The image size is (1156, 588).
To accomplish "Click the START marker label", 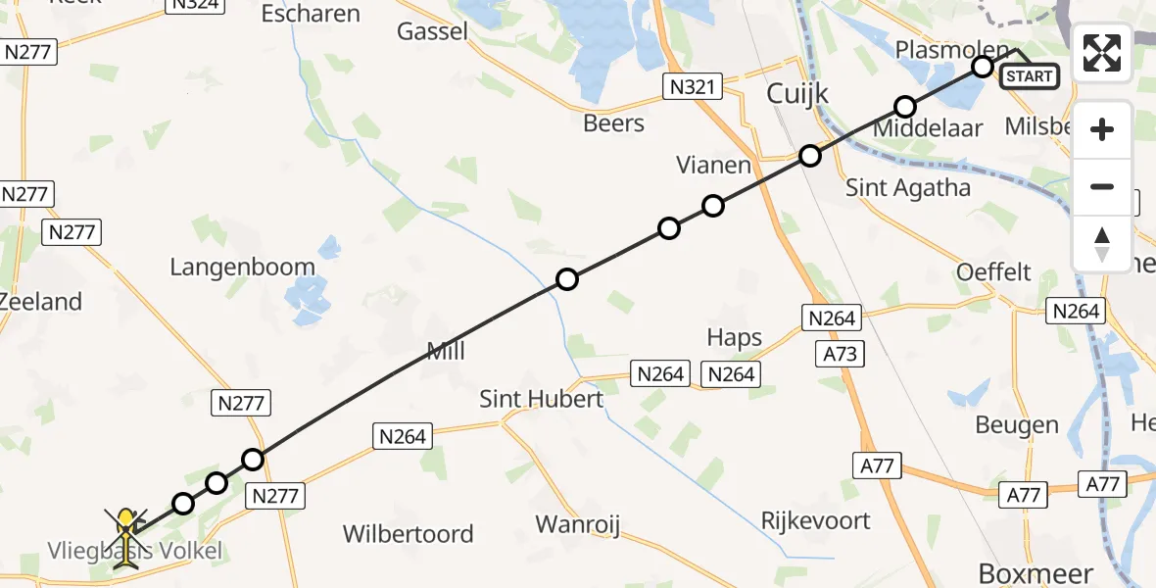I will click(1029, 76).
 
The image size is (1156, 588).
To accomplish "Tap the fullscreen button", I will click(1102, 53).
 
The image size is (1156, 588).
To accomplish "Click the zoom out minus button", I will click(1102, 186).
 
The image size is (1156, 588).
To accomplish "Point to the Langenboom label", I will click(242, 267).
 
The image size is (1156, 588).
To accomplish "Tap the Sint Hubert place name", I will click(541, 399).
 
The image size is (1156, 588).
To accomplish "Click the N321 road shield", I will click(692, 87).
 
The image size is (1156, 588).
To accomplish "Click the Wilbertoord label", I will click(408, 534).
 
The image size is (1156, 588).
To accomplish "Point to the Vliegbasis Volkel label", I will click(135, 551).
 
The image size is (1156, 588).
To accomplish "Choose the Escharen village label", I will click(311, 14).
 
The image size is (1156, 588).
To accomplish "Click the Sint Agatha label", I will click(908, 188).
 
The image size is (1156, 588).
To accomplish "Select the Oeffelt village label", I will click(994, 271).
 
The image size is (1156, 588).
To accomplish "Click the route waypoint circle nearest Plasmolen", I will click(983, 66).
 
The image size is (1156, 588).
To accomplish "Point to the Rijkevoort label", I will click(815, 519).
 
